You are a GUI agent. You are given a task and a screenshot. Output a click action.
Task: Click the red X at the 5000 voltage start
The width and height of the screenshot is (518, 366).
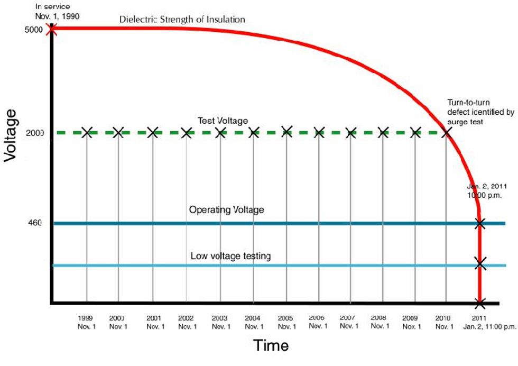click(52, 29)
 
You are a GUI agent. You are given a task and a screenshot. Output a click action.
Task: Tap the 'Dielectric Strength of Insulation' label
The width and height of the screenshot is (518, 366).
click(182, 20)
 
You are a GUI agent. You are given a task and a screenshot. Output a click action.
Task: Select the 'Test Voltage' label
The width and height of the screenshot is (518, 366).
click(223, 121)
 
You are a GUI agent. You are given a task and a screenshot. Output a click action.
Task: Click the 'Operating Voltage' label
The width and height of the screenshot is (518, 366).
click(226, 210)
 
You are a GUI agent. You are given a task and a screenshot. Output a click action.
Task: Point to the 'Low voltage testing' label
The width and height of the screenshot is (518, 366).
click(230, 257)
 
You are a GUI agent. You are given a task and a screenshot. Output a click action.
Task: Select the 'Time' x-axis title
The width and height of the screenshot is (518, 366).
click(271, 346)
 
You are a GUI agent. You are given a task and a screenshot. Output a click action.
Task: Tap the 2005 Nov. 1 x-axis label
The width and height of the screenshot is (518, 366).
click(286, 322)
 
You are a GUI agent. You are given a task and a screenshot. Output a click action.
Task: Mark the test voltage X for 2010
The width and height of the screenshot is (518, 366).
click(446, 132)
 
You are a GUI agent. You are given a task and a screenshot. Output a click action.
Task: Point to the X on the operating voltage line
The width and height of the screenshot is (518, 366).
click(480, 223)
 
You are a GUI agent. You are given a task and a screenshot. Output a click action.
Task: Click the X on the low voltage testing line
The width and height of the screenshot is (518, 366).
click(480, 263)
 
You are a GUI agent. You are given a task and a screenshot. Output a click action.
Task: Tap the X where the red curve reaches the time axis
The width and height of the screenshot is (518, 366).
click(480, 303)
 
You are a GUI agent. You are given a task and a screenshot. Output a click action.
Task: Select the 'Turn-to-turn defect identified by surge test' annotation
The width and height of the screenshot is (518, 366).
click(480, 113)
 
